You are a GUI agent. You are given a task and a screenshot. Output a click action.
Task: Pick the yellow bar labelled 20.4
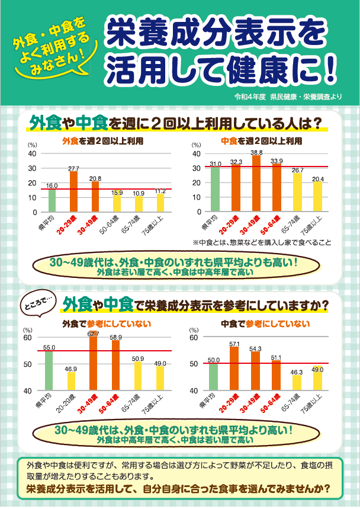pyautogui.click(x=318, y=197)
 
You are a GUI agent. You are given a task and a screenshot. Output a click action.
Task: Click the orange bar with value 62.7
pyautogui.click(x=94, y=364)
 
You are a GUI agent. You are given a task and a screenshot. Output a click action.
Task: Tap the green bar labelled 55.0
pyautogui.click(x=49, y=371)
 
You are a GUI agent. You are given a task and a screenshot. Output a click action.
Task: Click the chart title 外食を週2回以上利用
pyautogui.click(x=103, y=142)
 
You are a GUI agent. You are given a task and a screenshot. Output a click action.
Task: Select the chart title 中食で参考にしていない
pyautogui.click(x=265, y=324)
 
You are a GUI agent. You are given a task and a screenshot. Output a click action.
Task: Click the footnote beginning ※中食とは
pyautogui.click(x=261, y=242)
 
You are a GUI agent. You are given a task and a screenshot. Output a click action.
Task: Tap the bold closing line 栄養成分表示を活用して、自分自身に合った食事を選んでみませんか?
pyautogui.click(x=178, y=490)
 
